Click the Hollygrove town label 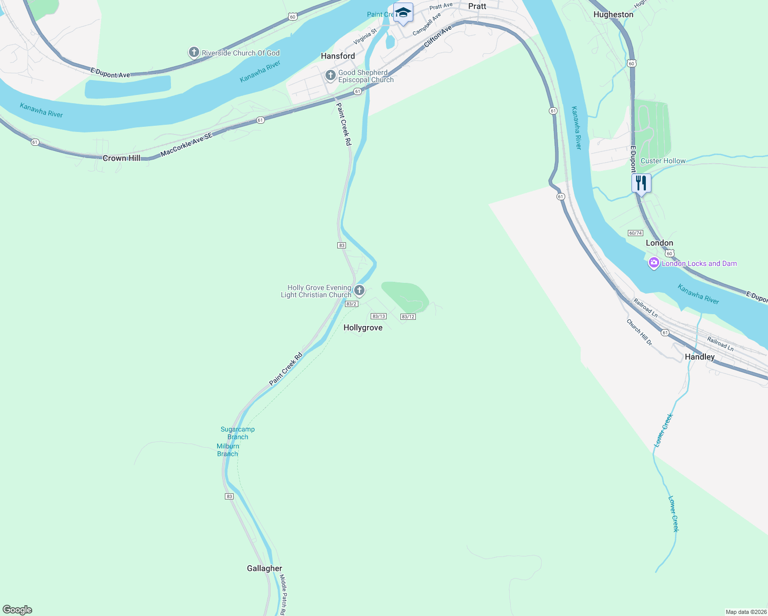(x=363, y=328)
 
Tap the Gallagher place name (x=264, y=568)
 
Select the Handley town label (x=700, y=357)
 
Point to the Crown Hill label (x=122, y=158)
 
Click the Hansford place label (x=338, y=56)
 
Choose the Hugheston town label (x=613, y=14)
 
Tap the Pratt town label (x=477, y=6)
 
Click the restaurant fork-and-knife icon (x=641, y=183)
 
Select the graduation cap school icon (x=403, y=12)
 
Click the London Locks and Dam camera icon (x=654, y=263)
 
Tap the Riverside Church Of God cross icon (x=194, y=52)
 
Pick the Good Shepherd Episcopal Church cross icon (x=330, y=76)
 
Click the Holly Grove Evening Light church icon (x=359, y=291)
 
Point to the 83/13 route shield (x=379, y=316)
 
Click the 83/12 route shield (x=408, y=317)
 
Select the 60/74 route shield (x=635, y=233)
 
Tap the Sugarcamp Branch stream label (x=238, y=433)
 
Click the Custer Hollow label (x=663, y=161)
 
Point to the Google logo (x=17, y=610)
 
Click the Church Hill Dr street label (x=639, y=332)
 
